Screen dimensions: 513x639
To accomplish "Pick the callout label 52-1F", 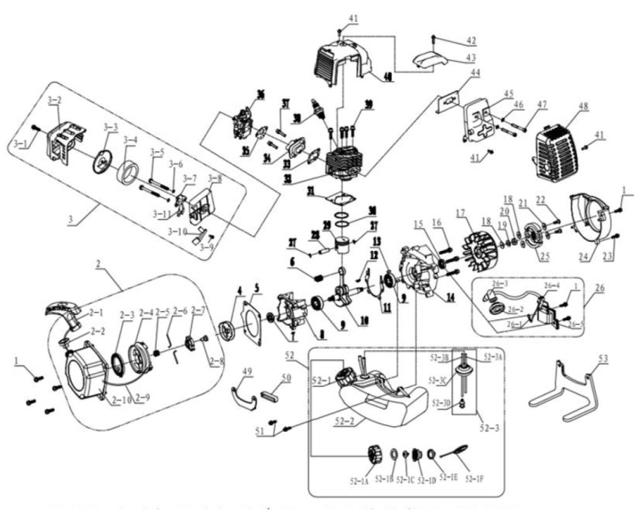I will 475,478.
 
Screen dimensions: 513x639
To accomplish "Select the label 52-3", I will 485,429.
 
